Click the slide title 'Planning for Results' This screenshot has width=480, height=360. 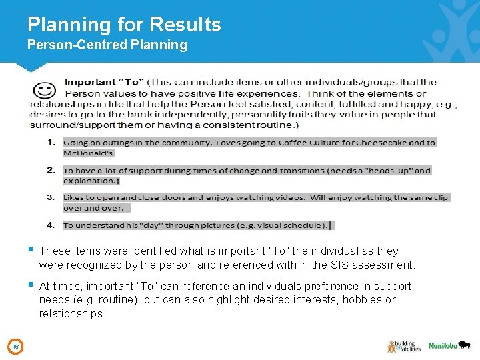pyautogui.click(x=124, y=25)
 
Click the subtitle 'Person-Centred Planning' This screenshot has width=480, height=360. pyautogui.click(x=107, y=45)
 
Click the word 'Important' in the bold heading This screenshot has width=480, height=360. pyautogui.click(x=89, y=82)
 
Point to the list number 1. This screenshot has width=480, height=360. pyautogui.click(x=51, y=142)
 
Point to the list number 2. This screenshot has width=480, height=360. pyautogui.click(x=51, y=170)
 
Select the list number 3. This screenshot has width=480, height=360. pyautogui.click(x=51, y=197)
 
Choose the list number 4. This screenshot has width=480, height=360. pyautogui.click(x=51, y=225)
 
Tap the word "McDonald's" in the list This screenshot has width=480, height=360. pyautogui.click(x=89, y=153)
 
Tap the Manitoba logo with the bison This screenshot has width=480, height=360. pyautogui.click(x=449, y=345)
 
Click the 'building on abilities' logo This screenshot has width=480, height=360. pyautogui.click(x=403, y=346)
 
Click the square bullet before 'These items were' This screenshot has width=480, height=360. pyautogui.click(x=31, y=250)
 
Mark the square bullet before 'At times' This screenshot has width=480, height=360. pyautogui.click(x=31, y=285)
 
